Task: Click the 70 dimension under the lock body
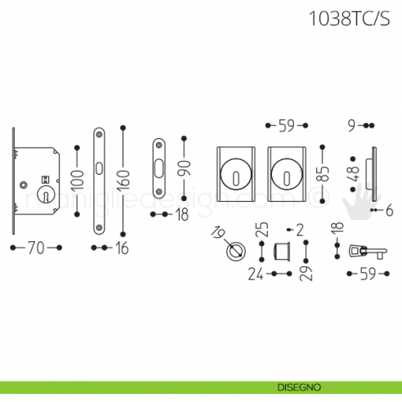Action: coord(35,247)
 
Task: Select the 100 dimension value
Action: coord(76,180)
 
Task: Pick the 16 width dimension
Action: coord(121,248)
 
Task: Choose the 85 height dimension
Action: coord(324,173)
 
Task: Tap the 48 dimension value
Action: coord(353,173)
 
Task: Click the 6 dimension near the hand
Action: coord(389,211)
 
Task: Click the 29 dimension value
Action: coord(306,269)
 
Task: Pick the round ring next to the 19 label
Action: coord(235,251)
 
